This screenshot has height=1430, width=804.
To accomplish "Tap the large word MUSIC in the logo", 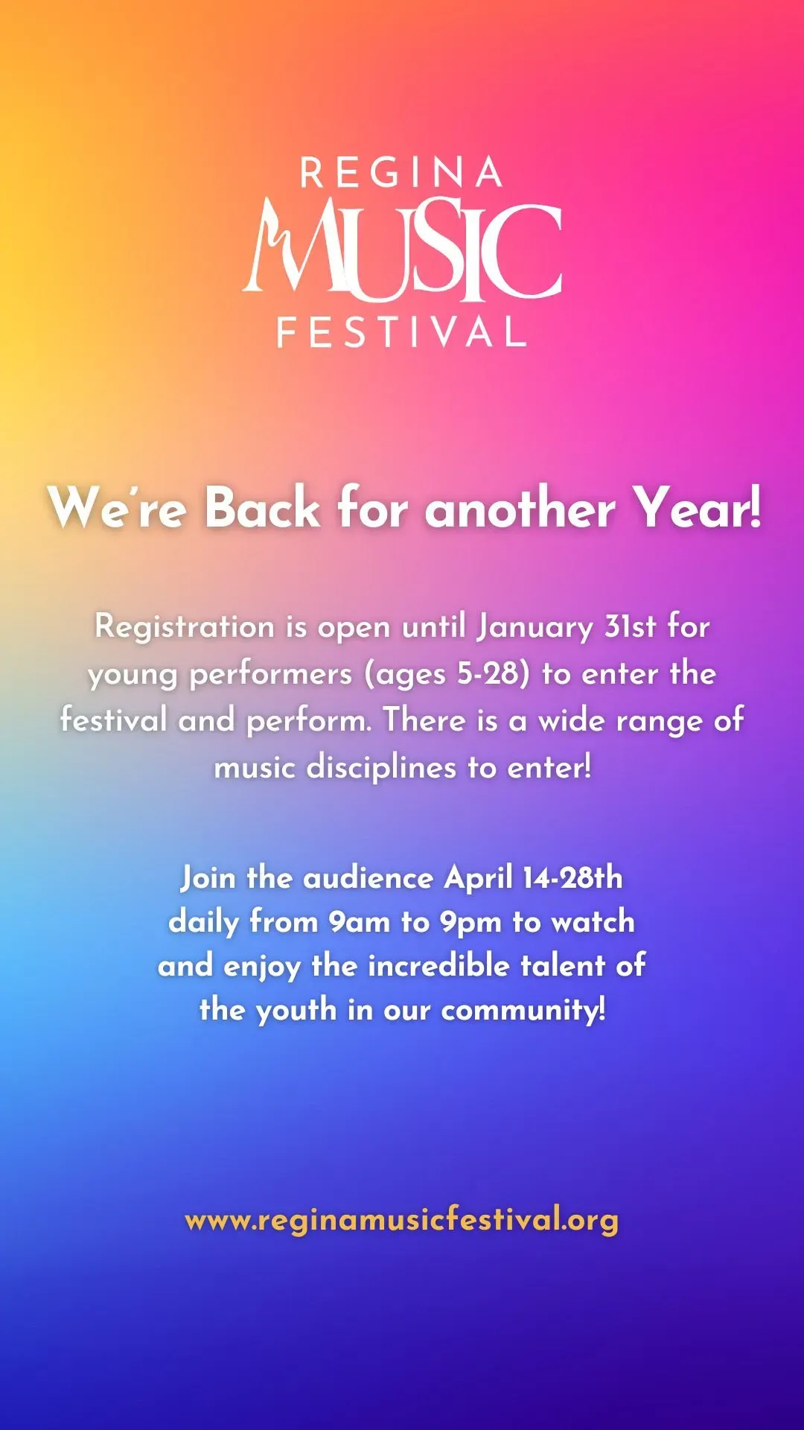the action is point(403,250).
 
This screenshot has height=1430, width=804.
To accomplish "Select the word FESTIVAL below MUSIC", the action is point(402,332).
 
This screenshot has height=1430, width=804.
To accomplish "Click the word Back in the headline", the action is point(262,507).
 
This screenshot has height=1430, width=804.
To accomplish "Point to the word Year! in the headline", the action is point(698,507).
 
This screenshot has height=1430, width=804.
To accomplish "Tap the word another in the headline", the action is point(520,507).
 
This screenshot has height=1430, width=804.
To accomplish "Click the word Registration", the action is point(185,626).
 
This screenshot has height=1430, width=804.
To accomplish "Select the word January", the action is point(535,626).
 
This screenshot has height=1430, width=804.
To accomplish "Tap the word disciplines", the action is point(381,767).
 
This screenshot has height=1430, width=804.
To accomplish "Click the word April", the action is point(479,879).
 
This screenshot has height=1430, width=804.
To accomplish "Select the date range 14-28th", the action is point(572,877).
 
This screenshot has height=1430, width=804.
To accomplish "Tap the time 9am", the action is point(360,923).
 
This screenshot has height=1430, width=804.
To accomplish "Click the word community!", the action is point(523,1011).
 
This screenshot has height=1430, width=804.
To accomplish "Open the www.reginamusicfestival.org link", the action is point(402,1221).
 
